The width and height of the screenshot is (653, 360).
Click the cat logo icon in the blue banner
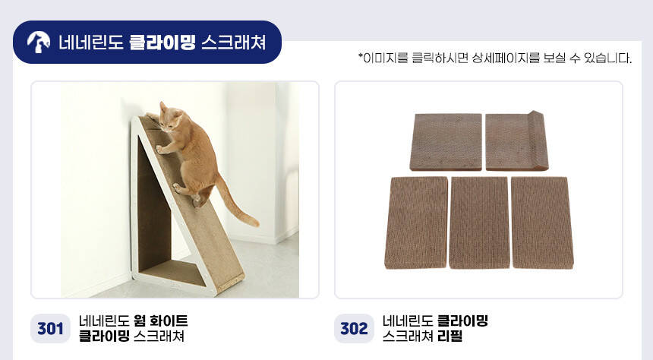(x=38, y=42)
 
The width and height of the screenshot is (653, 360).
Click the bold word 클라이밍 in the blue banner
(x=162, y=43)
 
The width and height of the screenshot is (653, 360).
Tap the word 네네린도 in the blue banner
(x=91, y=43)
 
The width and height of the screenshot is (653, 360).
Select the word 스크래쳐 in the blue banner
(x=234, y=43)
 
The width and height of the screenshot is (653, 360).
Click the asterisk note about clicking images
(x=495, y=58)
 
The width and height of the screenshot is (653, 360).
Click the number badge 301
(x=50, y=329)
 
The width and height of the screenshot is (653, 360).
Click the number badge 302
(x=354, y=329)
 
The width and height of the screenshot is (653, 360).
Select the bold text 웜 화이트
(x=161, y=321)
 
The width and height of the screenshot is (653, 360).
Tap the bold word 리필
(x=450, y=336)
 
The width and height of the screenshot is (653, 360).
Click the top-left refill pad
(x=446, y=142)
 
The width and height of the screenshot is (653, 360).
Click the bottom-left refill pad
(x=416, y=223)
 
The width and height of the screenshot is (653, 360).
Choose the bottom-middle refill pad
(x=479, y=223)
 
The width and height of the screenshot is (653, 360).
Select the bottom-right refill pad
(x=542, y=223)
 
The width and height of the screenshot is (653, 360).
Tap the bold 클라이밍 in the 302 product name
(x=462, y=321)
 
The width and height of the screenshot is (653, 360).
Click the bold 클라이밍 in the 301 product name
(x=104, y=336)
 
